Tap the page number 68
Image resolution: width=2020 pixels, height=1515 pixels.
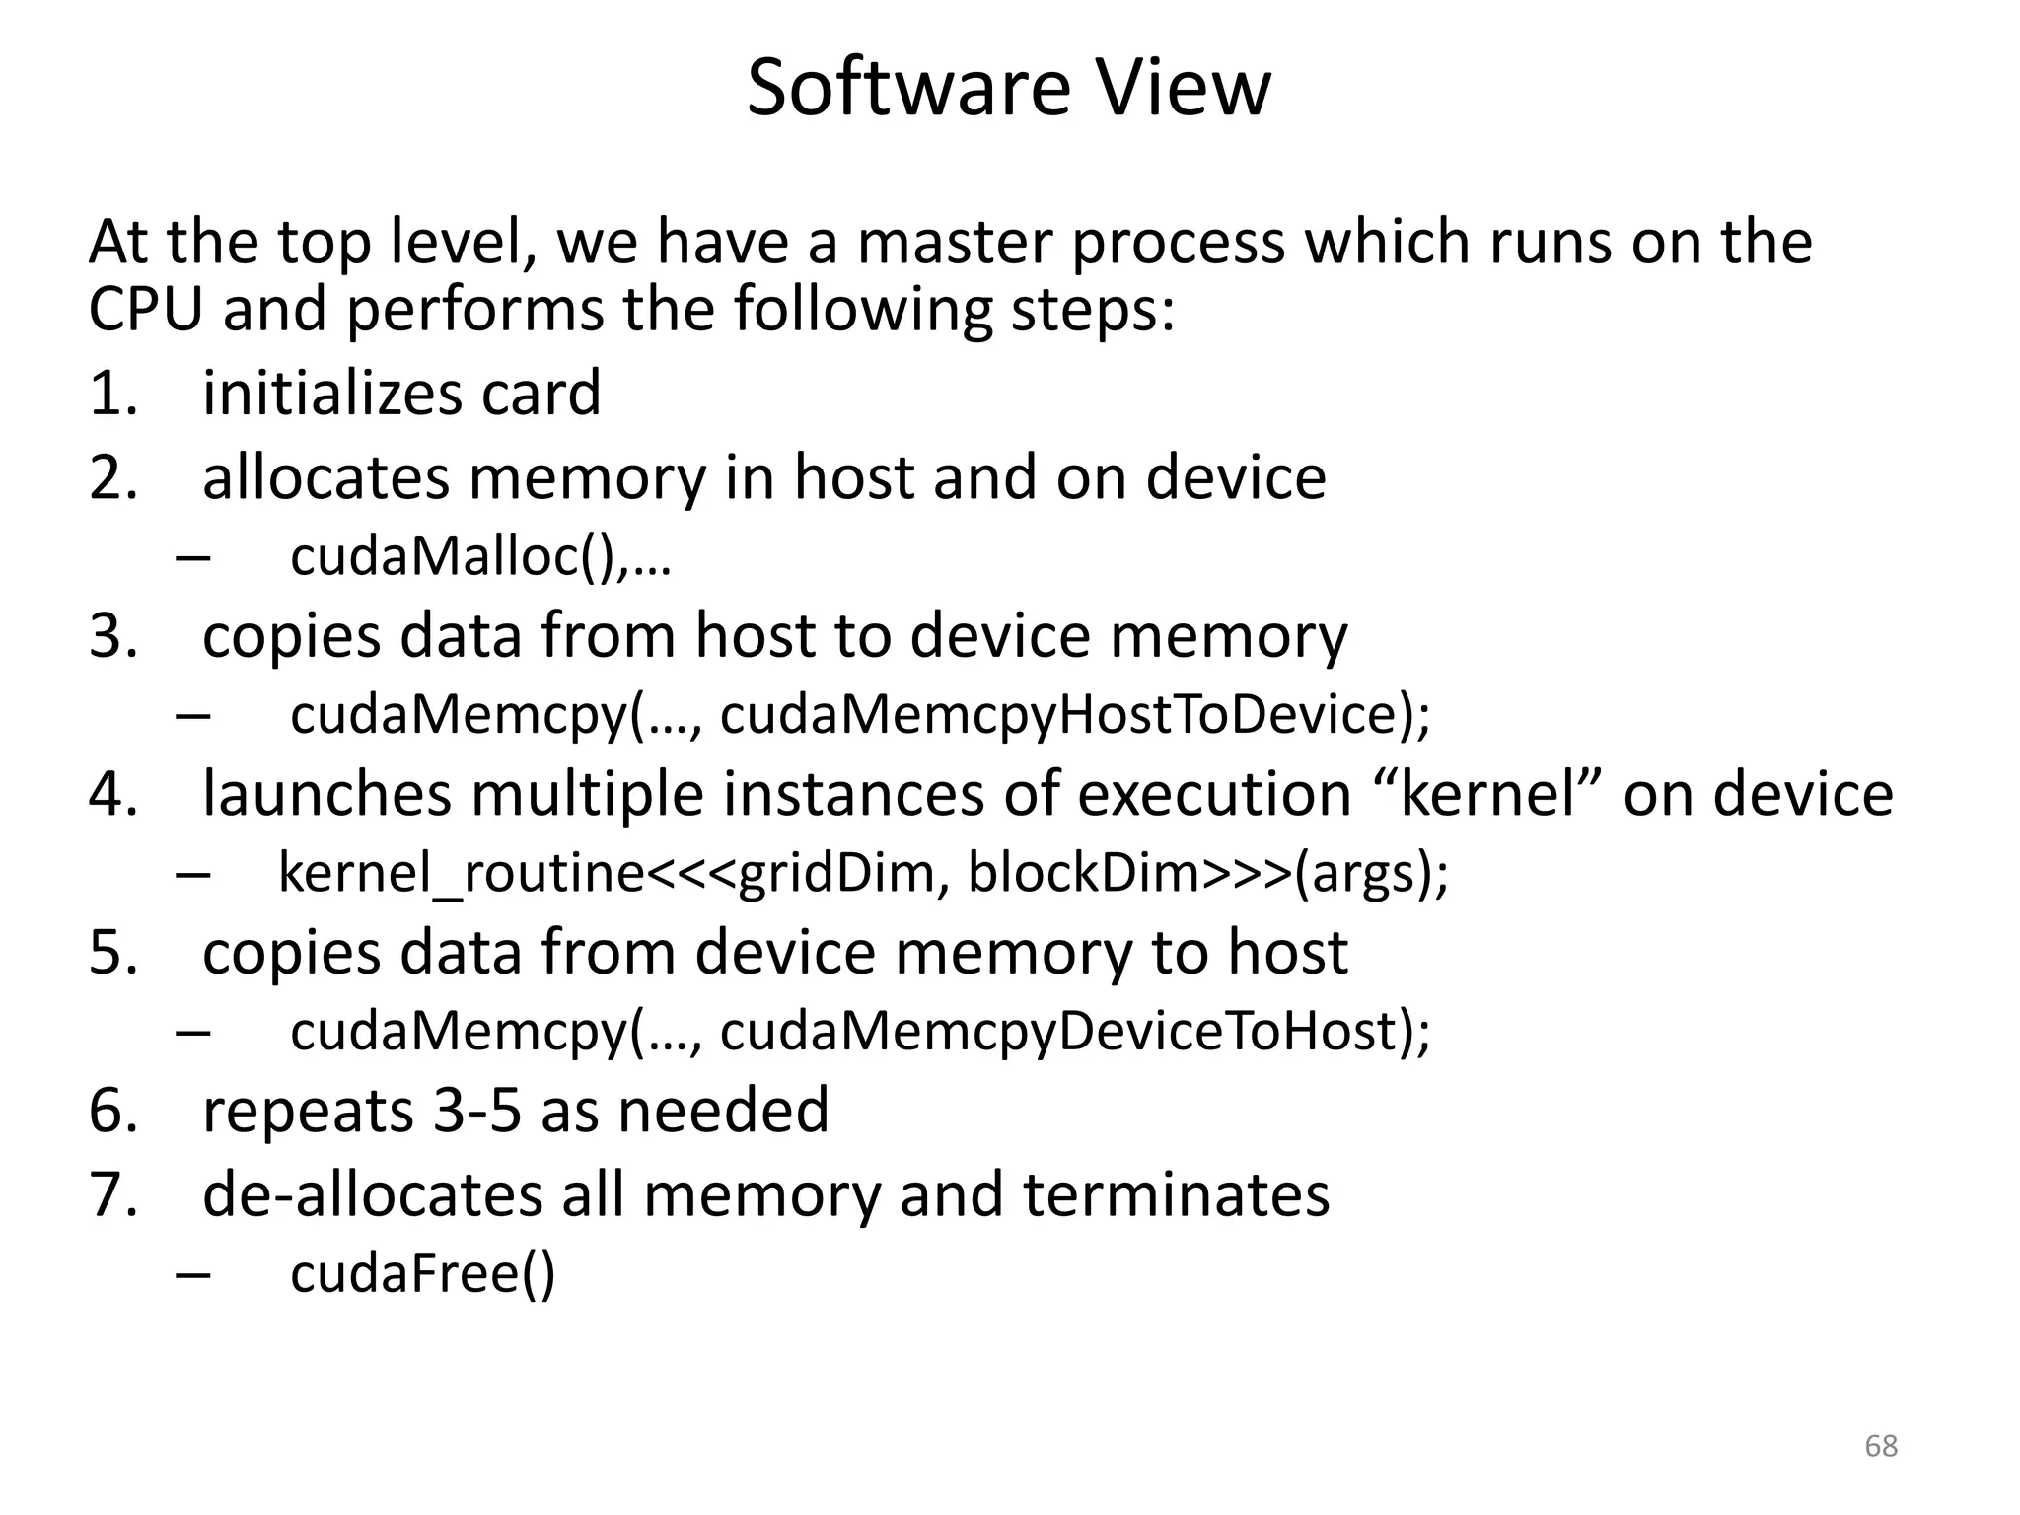(1881, 1446)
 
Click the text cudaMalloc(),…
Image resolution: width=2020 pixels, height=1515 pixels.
(480, 557)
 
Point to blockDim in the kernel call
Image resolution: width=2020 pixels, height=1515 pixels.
(1083, 873)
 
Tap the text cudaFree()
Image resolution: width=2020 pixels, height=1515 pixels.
(423, 1273)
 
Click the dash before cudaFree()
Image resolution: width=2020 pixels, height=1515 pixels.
(193, 1275)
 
